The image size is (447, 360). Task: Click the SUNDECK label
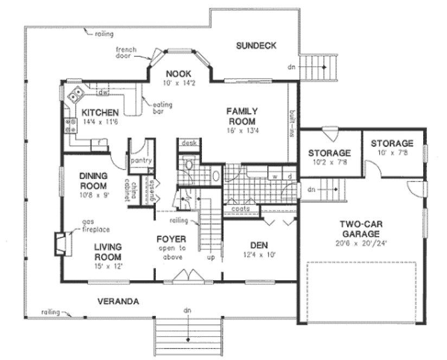256,46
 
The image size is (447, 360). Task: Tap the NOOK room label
176,74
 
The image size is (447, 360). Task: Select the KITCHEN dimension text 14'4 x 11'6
100,122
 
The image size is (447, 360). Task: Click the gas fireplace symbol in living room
62,243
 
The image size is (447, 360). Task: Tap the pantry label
141,161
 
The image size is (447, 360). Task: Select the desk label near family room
189,143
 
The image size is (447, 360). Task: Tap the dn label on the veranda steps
187,311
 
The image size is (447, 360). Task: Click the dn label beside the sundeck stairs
291,67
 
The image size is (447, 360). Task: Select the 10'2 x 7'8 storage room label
329,162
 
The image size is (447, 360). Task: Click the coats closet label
240,208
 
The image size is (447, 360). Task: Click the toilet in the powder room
189,163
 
